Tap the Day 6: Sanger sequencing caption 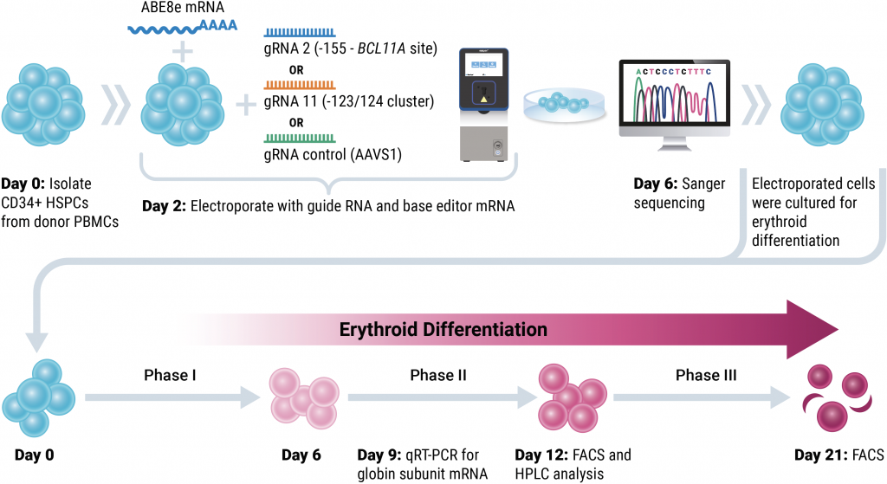point(679,192)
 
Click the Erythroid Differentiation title point(443,329)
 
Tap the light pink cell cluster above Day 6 point(300,397)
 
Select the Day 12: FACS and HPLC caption point(572,463)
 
